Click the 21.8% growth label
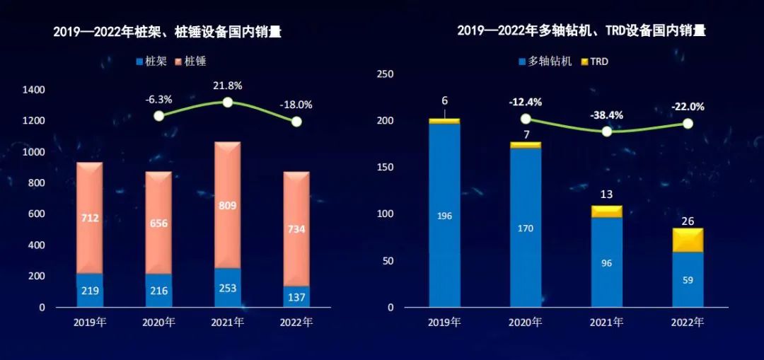pyautogui.click(x=228, y=86)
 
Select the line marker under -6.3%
pyautogui.click(x=159, y=115)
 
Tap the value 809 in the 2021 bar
pyautogui.click(x=228, y=206)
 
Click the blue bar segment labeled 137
pyautogui.click(x=296, y=296)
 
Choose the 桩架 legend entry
pyautogui.click(x=151, y=62)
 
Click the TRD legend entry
pyautogui.click(x=594, y=62)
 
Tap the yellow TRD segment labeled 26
pyautogui.click(x=688, y=240)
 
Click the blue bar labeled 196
pyautogui.click(x=444, y=216)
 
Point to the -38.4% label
pyautogui.click(x=606, y=115)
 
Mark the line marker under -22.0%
pyautogui.click(x=688, y=124)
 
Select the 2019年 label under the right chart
pyautogui.click(x=444, y=323)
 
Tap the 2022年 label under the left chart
pyautogui.click(x=296, y=323)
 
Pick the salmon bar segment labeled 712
pyautogui.click(x=90, y=218)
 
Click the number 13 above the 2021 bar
pyautogui.click(x=606, y=194)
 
